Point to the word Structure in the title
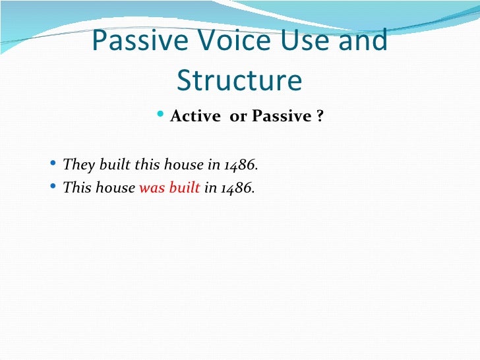coord(239,80)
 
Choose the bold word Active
coord(195,117)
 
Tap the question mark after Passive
coord(319,117)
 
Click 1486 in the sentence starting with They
coord(240,164)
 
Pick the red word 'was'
coord(152,187)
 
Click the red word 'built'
coord(184,187)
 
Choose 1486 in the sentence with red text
coord(237,187)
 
